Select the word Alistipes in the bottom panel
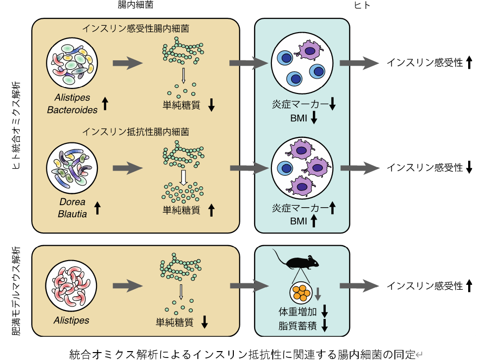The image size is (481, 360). [72, 320]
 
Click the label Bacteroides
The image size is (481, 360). [72, 110]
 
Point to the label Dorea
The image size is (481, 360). [72, 202]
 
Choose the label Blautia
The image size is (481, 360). [72, 214]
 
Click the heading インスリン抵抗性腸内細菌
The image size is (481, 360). [135, 132]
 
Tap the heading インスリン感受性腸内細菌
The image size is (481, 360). [135, 29]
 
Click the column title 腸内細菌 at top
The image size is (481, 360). [135, 4]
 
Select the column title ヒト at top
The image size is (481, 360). [362, 5]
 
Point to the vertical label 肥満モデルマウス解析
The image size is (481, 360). [16, 291]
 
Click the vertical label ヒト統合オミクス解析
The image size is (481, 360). [16, 125]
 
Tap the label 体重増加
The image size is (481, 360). [298, 312]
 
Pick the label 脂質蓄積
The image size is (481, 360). [298, 325]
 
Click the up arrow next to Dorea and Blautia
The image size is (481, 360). [97, 208]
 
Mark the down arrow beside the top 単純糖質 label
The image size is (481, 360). [212, 105]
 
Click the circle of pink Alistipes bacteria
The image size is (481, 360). [71, 286]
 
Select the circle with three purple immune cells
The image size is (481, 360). [302, 168]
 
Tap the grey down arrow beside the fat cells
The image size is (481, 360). [318, 294]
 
